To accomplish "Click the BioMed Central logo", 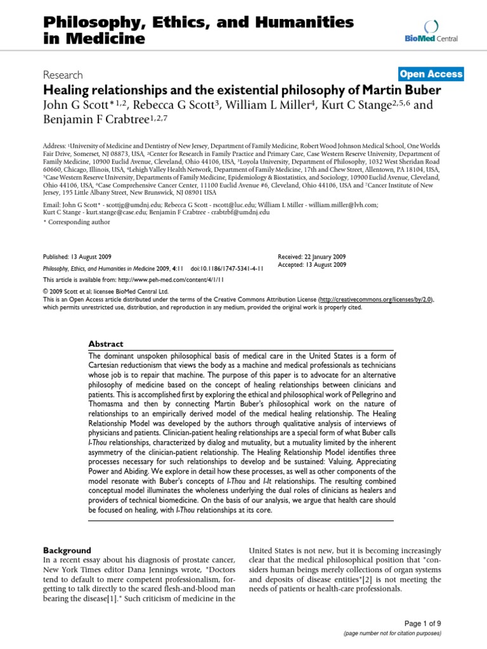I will point(432,31).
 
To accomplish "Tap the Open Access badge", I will point(431,74).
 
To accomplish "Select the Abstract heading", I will point(106,344).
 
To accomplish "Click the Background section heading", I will point(67,550).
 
